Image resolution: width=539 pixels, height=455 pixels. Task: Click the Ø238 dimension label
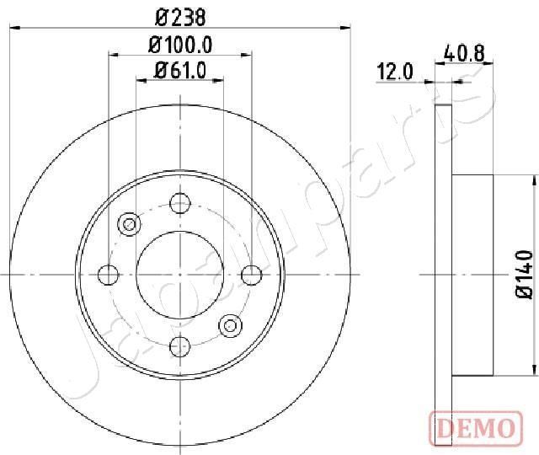179,16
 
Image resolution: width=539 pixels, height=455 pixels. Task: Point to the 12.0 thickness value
395,72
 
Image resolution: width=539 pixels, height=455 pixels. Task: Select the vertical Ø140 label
524,274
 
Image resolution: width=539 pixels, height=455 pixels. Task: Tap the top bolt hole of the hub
179,203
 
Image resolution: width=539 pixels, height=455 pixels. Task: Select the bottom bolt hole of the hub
179,345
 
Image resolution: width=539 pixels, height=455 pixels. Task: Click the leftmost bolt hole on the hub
109,274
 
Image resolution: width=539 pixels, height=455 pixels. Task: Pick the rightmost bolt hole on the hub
250,274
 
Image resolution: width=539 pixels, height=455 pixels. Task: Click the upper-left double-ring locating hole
129,224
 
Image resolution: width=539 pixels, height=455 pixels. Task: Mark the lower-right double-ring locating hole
230,324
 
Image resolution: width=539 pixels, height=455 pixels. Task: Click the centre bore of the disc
179,274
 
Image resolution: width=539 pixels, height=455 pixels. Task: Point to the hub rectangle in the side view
473,274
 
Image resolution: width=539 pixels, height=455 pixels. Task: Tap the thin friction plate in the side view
444,274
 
